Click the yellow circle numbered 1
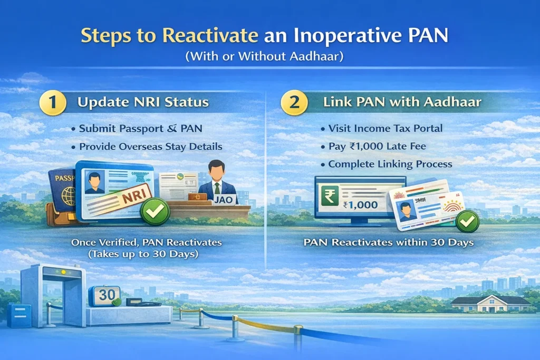[x=53, y=102]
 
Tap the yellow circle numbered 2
[x=294, y=102]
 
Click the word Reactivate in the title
[x=210, y=35]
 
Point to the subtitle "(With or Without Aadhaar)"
[x=265, y=56]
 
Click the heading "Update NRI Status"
[x=143, y=102]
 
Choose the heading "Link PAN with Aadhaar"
[x=402, y=102]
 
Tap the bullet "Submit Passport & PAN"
[x=137, y=129]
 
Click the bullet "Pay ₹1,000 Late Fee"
[x=373, y=147]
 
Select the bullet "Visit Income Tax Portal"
[x=382, y=129]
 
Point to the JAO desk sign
[x=224, y=200]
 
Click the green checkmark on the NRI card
[x=155, y=211]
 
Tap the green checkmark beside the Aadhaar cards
[x=467, y=222]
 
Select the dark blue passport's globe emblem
[x=68, y=196]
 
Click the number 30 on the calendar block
[x=107, y=295]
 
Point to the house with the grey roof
[x=490, y=303]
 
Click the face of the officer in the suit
[x=217, y=172]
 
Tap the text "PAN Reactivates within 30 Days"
[x=389, y=242]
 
